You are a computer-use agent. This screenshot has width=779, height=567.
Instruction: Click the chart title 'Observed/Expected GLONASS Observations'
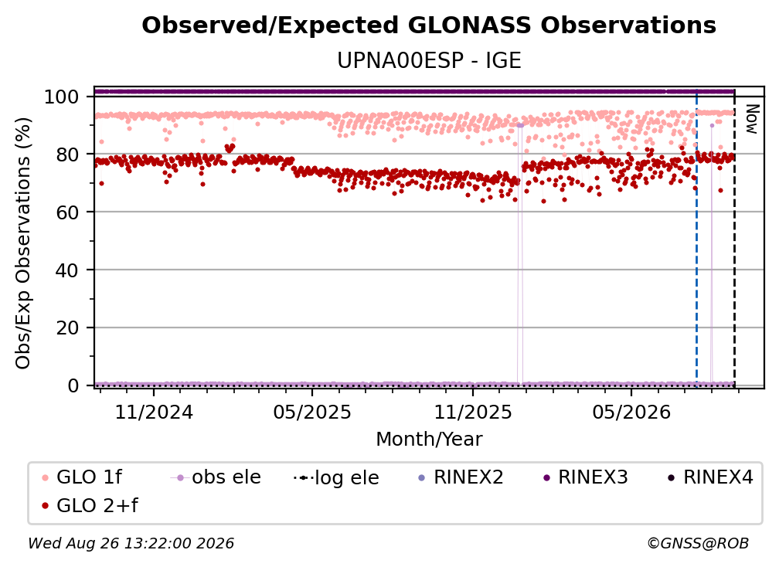pos(429,25)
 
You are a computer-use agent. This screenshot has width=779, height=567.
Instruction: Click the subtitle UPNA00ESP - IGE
pos(429,60)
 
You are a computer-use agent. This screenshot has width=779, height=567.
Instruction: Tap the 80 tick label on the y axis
pos(67,154)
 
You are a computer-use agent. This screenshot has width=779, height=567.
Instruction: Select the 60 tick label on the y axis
pos(67,212)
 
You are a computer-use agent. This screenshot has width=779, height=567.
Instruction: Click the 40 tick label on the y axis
pos(67,270)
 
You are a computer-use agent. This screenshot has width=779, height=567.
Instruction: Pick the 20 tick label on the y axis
pos(67,328)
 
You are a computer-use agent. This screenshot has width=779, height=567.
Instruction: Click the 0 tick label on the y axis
pos(73,385)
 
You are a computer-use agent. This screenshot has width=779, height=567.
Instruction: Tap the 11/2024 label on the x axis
pos(154,412)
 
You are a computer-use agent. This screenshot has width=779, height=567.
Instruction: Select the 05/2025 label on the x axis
pos(312,412)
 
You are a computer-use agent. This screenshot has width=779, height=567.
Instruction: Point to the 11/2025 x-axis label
pos(473,412)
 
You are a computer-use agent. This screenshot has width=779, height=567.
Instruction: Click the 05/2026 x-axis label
pos(631,412)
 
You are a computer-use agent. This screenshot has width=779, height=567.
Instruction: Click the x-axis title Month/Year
pos(429,439)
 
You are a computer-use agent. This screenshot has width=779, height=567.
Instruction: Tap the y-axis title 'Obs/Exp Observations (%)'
pos(23,243)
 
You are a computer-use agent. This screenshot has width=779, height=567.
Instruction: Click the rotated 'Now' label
pos(751,119)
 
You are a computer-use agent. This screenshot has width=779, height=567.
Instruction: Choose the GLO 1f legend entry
pos(82,477)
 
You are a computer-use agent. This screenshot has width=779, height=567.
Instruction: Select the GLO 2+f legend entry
pos(90,506)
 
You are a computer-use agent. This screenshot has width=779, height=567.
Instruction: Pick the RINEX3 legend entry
pos(586,477)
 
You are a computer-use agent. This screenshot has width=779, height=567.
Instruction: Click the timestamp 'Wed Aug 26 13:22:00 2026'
pos(131,543)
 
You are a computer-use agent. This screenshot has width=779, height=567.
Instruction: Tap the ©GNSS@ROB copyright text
pos(698,543)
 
